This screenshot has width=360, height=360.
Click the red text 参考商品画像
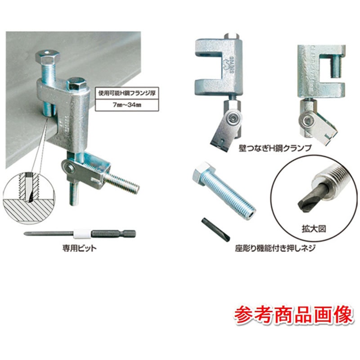[293, 315]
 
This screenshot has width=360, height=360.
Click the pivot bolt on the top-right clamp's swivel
[308, 120]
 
